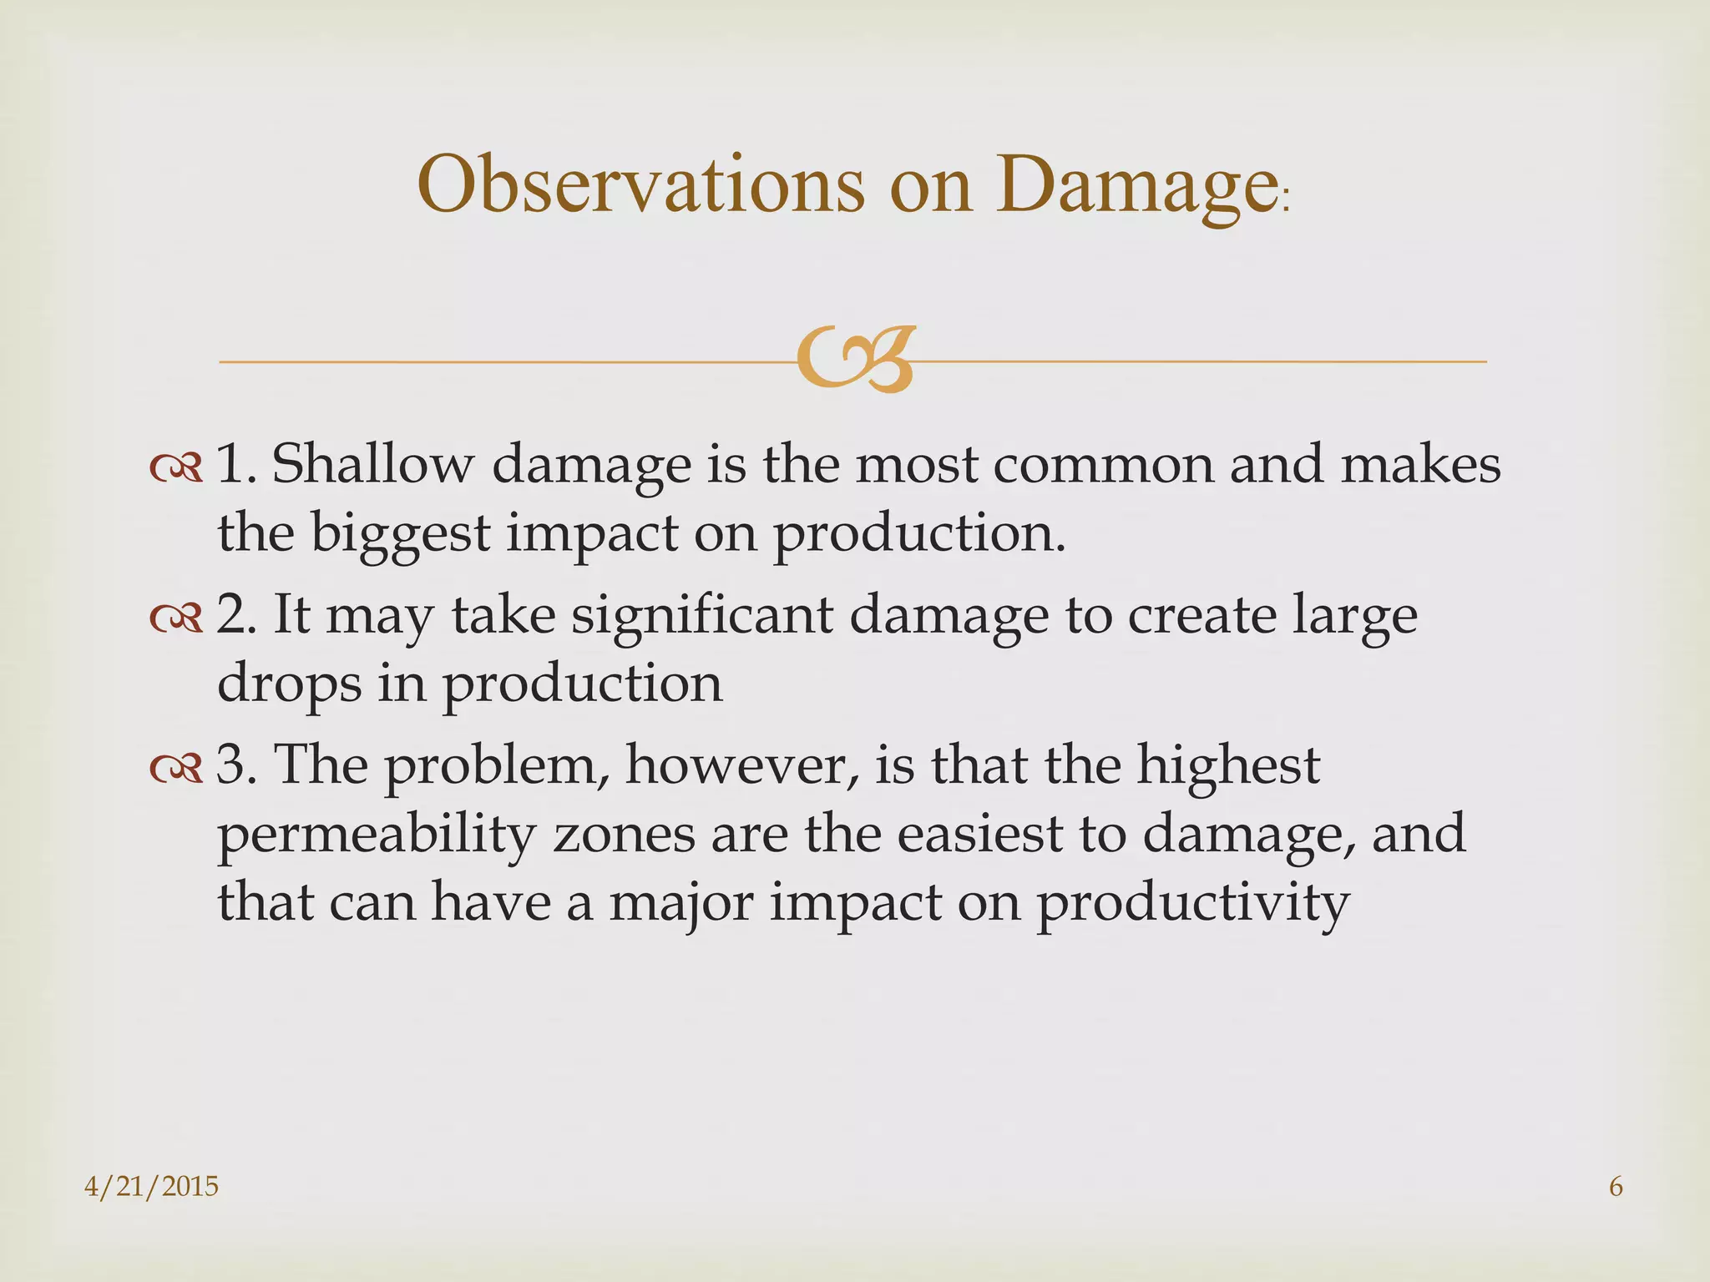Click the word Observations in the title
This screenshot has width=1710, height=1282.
tap(640, 184)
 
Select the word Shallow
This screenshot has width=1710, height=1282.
tap(372, 463)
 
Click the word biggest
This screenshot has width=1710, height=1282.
tap(400, 533)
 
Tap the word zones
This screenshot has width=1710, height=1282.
tap(624, 834)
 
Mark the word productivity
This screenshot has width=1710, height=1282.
tap(1192, 904)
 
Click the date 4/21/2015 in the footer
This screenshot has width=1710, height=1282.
tap(151, 1186)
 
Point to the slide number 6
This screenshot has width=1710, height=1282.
tap(1616, 1186)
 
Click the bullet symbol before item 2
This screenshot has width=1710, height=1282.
tap(176, 617)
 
